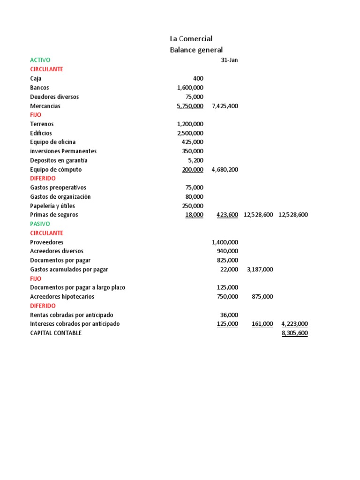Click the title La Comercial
pyautogui.click(x=191, y=38)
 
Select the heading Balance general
pyautogui.click(x=196, y=50)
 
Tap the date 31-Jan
pyautogui.click(x=229, y=60)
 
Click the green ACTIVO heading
pyautogui.click(x=40, y=60)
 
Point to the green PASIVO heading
pyautogui.click(x=40, y=224)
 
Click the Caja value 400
pyautogui.click(x=198, y=78)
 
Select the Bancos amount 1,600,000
pyautogui.click(x=190, y=88)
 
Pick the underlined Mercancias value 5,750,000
pyautogui.click(x=190, y=106)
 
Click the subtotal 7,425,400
pyautogui.click(x=225, y=106)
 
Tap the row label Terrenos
pyautogui.click(x=42, y=124)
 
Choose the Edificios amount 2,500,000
pyautogui.click(x=190, y=133)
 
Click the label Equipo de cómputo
pyautogui.click(x=56, y=170)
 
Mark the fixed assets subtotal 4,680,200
pyautogui.click(x=225, y=170)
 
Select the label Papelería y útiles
pyautogui.click(x=52, y=206)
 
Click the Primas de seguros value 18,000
pyautogui.click(x=194, y=215)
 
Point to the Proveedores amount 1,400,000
pyautogui.click(x=225, y=242)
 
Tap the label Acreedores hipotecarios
pyautogui.click(x=62, y=297)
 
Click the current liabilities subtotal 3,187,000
pyautogui.click(x=260, y=270)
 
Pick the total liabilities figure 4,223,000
pyautogui.click(x=294, y=324)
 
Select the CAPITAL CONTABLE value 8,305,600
pyautogui.click(x=294, y=333)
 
